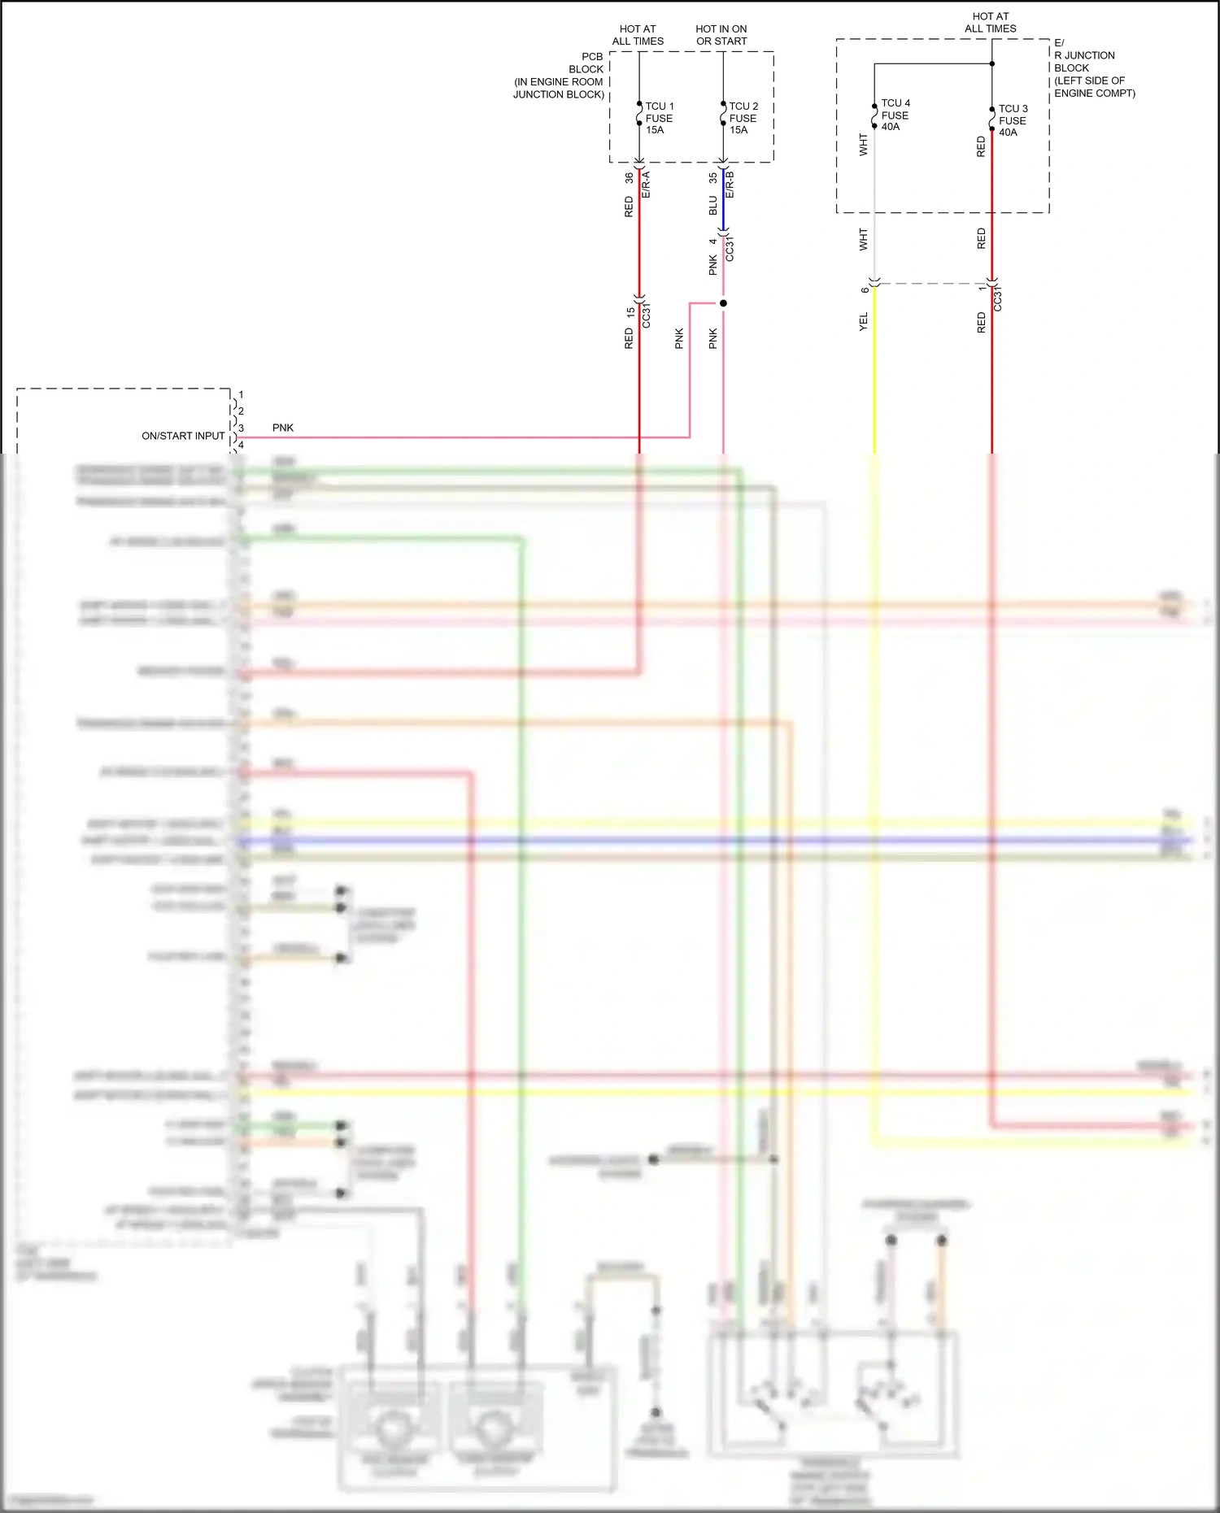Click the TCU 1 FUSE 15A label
pyautogui.click(x=659, y=118)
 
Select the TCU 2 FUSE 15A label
pyautogui.click(x=743, y=118)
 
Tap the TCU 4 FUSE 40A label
pyautogui.click(x=895, y=115)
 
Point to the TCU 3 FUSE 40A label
pyautogui.click(x=1013, y=120)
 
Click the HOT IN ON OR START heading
pyautogui.click(x=721, y=35)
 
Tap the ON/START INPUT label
pyautogui.click(x=183, y=436)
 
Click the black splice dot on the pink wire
pyautogui.click(x=723, y=303)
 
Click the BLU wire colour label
pyautogui.click(x=713, y=205)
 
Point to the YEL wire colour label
pyautogui.click(x=864, y=321)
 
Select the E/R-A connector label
pyautogui.click(x=647, y=185)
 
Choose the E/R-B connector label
pyautogui.click(x=730, y=185)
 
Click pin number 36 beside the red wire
pyautogui.click(x=629, y=177)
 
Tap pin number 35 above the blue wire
pyautogui.click(x=712, y=177)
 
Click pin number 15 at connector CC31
pyautogui.click(x=630, y=311)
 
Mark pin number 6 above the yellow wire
pyautogui.click(x=865, y=290)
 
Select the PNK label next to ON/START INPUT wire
pyautogui.click(x=283, y=428)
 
